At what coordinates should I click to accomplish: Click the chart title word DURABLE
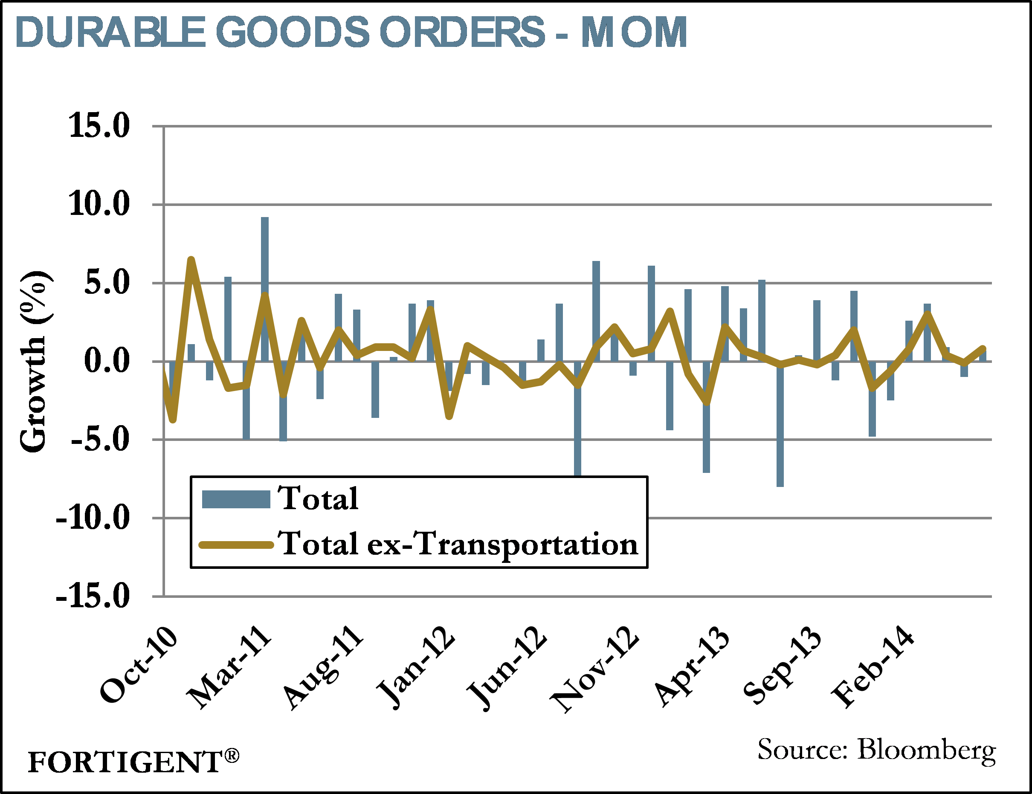coord(110,32)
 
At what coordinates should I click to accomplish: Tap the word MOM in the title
coord(633,32)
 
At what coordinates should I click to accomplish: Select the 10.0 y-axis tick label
coord(99,204)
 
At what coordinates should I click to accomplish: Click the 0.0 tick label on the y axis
coord(106,361)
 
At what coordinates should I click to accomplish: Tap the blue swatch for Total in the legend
coord(236,499)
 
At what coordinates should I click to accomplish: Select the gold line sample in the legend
coord(236,545)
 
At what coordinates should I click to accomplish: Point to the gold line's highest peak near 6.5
coord(191,260)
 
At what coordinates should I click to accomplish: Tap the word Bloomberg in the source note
coord(926,750)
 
